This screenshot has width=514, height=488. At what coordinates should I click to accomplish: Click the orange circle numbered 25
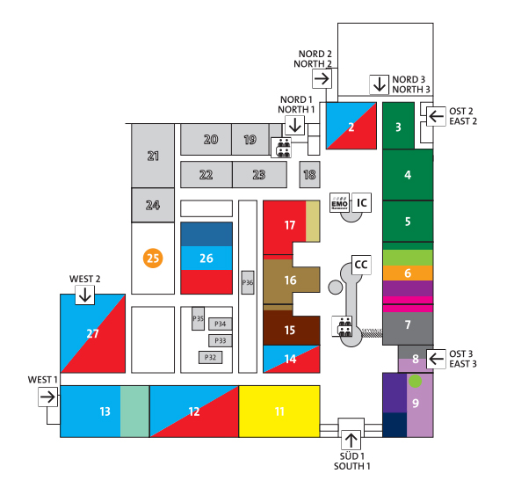(x=153, y=259)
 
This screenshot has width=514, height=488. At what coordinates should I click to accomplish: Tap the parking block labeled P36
(x=248, y=282)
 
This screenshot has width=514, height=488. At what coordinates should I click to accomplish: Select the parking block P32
(x=211, y=357)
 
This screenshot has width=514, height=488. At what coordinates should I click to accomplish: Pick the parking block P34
(x=221, y=324)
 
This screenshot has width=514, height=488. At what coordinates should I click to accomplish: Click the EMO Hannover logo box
(x=340, y=203)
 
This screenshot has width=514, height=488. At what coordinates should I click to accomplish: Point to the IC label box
(x=362, y=203)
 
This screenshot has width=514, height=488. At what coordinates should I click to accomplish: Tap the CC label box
(x=361, y=265)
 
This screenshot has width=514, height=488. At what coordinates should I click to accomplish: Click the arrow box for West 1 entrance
(x=47, y=397)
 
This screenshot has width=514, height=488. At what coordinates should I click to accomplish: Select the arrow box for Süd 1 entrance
(x=351, y=441)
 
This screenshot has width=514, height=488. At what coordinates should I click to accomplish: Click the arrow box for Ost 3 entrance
(x=436, y=359)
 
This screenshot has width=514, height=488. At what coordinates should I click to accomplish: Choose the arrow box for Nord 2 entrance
(x=322, y=79)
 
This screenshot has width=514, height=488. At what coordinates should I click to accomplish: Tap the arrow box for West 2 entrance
(x=85, y=295)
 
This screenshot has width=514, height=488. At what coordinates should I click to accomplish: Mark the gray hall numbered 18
(x=310, y=174)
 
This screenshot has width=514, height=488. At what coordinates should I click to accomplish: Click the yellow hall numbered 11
(x=279, y=412)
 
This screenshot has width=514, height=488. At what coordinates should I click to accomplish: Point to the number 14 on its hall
(x=291, y=359)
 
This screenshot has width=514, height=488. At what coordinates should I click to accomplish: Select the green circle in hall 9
(x=415, y=381)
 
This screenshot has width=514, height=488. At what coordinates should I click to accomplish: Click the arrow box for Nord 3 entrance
(x=380, y=84)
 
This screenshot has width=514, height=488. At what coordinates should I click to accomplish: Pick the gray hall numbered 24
(x=153, y=205)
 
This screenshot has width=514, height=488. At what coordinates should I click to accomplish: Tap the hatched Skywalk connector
(x=372, y=333)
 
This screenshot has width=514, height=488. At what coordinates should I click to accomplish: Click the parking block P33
(x=221, y=341)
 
